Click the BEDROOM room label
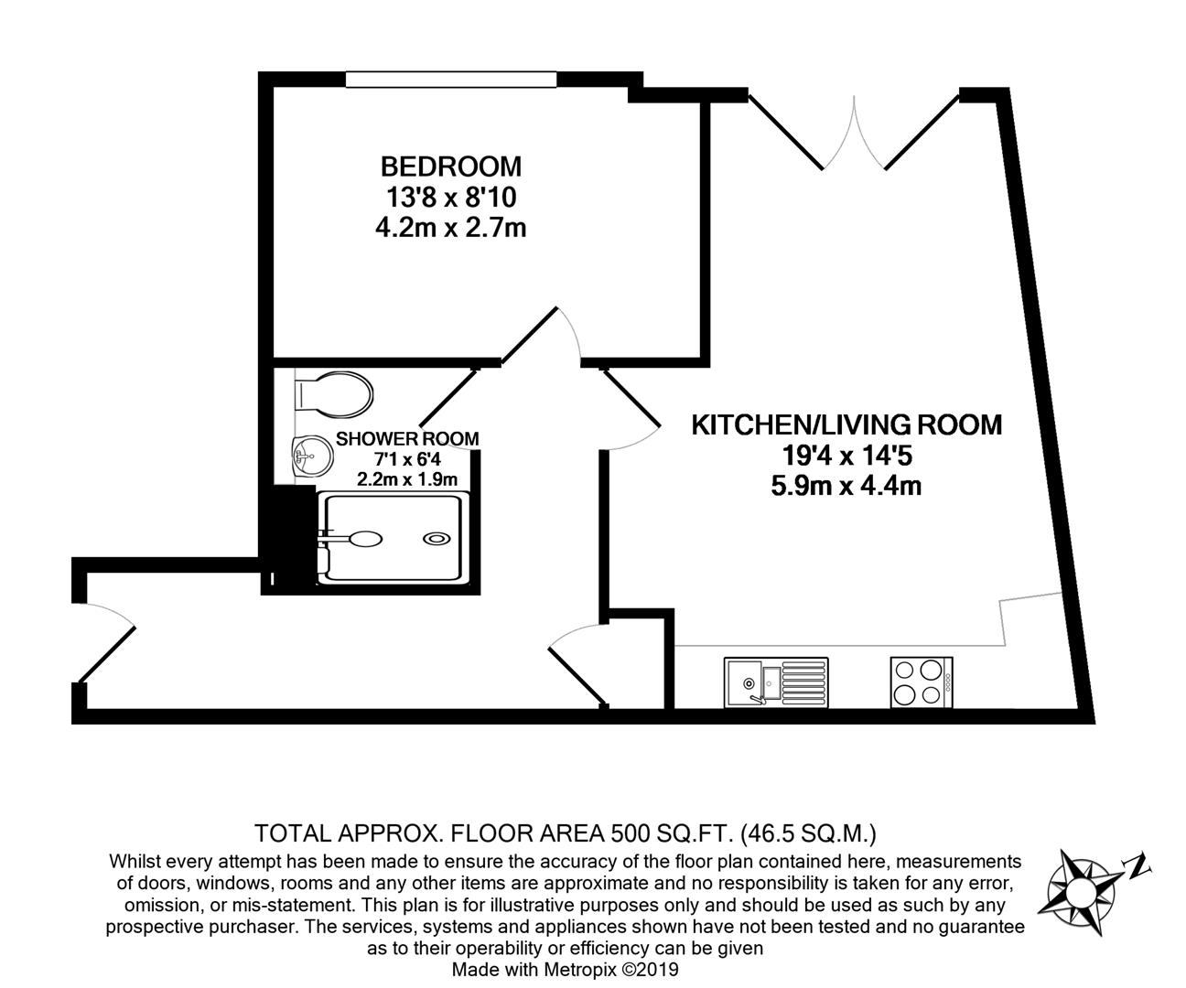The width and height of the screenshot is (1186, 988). click(x=450, y=166)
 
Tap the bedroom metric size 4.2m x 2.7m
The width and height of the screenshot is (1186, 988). click(x=450, y=227)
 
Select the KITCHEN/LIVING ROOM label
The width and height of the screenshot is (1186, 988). click(x=846, y=424)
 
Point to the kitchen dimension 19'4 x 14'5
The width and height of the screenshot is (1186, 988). click(x=846, y=455)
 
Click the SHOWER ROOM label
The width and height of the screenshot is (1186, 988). click(x=407, y=439)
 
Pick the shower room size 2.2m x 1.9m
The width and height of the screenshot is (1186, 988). click(x=407, y=478)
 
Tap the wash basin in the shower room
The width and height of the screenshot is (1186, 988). click(x=309, y=453)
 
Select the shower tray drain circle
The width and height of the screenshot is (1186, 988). click(x=437, y=539)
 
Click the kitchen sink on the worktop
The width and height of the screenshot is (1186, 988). click(x=775, y=682)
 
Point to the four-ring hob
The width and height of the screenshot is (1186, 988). click(x=921, y=682)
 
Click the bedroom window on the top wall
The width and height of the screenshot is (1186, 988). click(x=450, y=80)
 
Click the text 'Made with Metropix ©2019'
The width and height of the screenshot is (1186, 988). click(x=566, y=969)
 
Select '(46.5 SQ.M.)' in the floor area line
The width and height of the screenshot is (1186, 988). click(x=810, y=833)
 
